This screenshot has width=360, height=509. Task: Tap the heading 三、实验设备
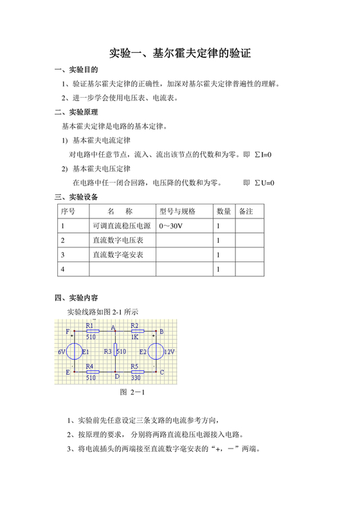coord(76,197)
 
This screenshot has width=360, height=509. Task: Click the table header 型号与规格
coord(177,211)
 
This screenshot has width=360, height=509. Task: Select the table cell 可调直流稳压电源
coord(122,226)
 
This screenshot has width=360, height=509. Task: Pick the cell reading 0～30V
coord(170,226)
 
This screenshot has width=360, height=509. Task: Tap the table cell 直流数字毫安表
coord(118,255)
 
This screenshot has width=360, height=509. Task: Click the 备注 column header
coord(246,211)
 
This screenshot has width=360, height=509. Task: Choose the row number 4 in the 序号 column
coord(63,270)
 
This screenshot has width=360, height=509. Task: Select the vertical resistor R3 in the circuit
coord(114,352)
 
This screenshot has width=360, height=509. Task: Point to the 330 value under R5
coord(136,378)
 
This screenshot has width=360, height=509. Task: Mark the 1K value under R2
coord(135,337)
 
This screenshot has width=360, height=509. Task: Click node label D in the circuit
coord(117,377)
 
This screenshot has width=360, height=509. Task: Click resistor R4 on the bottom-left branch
coord(92,371)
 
